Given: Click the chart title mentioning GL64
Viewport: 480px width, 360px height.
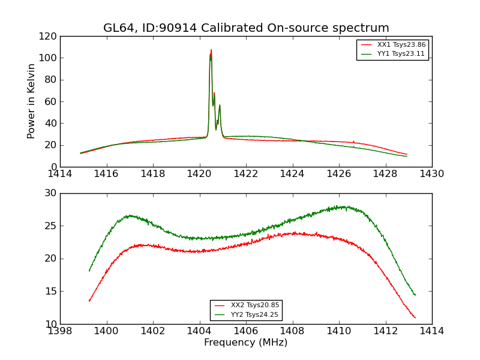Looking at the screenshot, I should tap(246, 28).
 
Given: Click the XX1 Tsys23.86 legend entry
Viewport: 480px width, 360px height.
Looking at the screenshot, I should tap(401, 45).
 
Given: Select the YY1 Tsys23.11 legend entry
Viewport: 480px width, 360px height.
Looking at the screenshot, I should tap(401, 54).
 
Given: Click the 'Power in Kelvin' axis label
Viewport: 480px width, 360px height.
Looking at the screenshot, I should tap(31, 101).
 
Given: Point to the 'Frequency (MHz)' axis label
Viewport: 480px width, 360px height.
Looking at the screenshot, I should tap(245, 343).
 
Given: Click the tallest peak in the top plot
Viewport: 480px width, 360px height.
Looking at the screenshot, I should tap(211, 50).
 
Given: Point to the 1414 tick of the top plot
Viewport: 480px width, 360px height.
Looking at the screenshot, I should tap(60, 174).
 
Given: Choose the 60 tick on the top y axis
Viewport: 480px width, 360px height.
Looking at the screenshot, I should tap(51, 101).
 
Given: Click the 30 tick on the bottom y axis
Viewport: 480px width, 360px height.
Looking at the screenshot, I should tap(51, 193).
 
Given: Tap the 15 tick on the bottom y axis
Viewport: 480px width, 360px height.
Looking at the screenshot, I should tap(51, 292).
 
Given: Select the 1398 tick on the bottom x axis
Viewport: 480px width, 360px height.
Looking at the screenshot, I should tap(60, 331).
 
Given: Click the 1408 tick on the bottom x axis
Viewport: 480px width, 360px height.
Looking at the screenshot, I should tap(292, 331).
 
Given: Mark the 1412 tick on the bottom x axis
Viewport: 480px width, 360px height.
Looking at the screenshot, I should tap(385, 331).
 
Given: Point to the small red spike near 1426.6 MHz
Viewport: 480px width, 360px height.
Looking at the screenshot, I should tap(353, 141).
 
